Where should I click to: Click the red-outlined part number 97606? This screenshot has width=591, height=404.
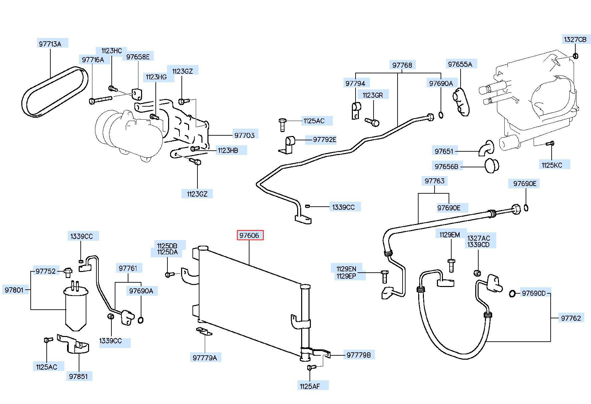click(250, 235)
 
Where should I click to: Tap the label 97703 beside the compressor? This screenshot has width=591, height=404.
click(244, 135)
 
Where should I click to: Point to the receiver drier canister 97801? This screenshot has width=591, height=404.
click(76, 308)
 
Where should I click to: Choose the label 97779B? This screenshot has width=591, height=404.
click(359, 355)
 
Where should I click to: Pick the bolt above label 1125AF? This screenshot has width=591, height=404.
click(311, 367)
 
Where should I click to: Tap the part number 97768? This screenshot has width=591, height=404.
click(402, 65)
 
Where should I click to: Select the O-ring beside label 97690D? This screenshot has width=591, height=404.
click(512, 294)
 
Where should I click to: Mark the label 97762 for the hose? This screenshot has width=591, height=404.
click(571, 318)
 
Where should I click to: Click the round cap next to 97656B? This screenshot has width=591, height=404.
click(491, 166)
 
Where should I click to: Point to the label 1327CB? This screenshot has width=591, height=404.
click(575, 39)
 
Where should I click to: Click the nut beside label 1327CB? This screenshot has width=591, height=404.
click(575, 56)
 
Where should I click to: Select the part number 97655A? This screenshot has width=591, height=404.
click(460, 64)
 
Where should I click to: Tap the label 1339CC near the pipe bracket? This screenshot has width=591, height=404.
click(343, 207)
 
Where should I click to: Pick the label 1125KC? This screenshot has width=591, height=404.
click(552, 165)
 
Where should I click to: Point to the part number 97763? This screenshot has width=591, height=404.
click(435, 181)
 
